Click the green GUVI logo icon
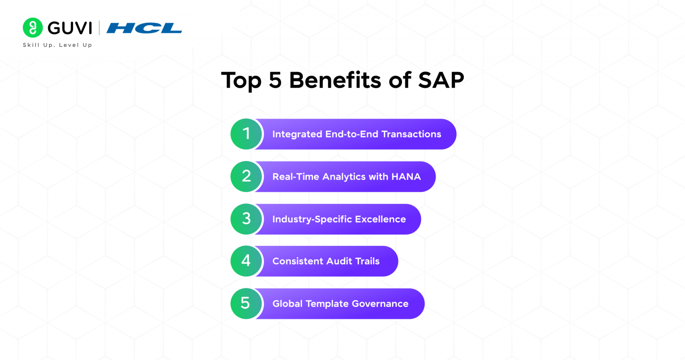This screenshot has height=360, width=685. (33, 28)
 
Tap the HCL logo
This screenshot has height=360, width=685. (144, 28)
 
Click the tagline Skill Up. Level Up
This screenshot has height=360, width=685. (57, 45)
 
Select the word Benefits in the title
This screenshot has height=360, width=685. (335, 81)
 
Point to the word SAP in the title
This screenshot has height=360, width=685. (441, 81)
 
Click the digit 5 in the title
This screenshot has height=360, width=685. (275, 81)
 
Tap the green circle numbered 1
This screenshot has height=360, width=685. (246, 134)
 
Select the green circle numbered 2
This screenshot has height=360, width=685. (246, 176)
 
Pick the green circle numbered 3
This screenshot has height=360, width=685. (246, 219)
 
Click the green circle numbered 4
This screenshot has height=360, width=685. (246, 261)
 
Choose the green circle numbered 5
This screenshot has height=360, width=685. (246, 303)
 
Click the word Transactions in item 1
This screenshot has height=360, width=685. (411, 134)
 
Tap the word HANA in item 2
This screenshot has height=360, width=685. (406, 177)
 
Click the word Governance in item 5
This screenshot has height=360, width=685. (380, 304)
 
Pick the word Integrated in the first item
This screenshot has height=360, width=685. (297, 134)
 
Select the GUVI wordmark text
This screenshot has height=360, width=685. (70, 28)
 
